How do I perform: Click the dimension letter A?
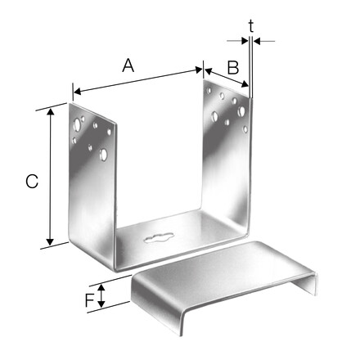point(128,66)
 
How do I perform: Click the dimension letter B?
point(233,68)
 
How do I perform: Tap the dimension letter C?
point(32,182)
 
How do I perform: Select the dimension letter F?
point(90,300)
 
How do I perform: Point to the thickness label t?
point(251,26)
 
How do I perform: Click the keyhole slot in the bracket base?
point(159,237)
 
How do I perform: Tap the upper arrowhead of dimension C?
point(50,111)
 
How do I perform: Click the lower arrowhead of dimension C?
point(50,241)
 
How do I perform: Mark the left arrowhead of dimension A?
point(78,92)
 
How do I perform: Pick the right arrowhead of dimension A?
point(199,70)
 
